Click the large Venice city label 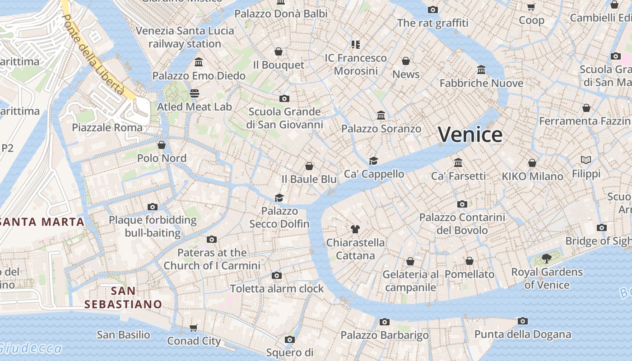point(470,134)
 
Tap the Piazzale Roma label point(107,128)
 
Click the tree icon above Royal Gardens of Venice point(547,259)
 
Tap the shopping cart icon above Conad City point(194,328)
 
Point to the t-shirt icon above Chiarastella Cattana point(355,229)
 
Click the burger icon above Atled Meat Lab point(195,93)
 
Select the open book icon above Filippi point(586,160)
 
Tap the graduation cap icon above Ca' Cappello point(374,161)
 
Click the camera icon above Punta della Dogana point(523,321)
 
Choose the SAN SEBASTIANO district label point(123,297)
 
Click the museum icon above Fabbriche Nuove point(481,70)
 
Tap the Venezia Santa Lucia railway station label point(185,37)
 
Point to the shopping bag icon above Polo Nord point(162,145)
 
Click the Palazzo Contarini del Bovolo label point(462,224)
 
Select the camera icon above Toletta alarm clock point(277,275)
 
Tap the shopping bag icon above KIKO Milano point(532,163)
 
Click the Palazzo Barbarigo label point(385,335)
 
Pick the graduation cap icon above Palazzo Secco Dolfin point(279,198)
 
